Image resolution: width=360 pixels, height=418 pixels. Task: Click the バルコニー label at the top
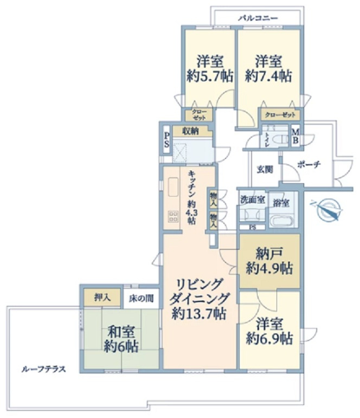pos(258,18)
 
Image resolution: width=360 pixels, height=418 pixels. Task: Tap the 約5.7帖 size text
pos(210,76)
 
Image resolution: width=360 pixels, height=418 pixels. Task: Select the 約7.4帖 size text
pos(268,76)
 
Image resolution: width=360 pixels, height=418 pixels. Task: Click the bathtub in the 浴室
pos(281,221)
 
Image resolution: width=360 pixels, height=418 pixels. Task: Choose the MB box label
pos(295,136)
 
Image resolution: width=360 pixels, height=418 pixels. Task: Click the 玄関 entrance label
pos(265,169)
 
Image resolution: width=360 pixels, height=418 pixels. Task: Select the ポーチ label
pos(309,164)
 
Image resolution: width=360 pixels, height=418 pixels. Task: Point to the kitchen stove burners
pos(173,216)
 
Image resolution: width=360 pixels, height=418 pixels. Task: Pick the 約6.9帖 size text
pos(269,339)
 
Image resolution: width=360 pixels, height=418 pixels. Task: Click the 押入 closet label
pos(102,298)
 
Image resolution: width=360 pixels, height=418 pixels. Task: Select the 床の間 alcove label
pos(142,299)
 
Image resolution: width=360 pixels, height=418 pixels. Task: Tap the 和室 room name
pos(121,332)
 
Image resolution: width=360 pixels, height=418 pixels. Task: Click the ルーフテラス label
pos(43,369)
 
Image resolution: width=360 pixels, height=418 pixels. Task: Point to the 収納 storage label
pos(190,131)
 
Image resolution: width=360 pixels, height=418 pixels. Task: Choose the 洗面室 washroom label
pos(252,200)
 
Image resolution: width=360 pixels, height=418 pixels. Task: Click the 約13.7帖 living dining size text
pos(199,313)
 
